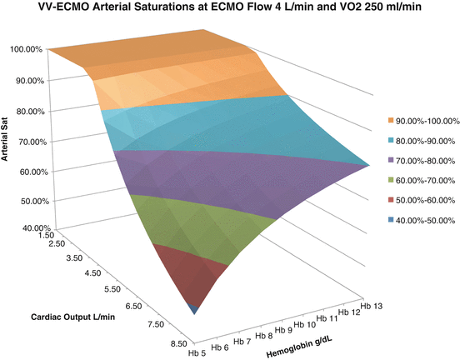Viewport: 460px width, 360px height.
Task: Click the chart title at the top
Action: (x=229, y=9)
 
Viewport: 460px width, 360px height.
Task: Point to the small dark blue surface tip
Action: (x=194, y=308)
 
